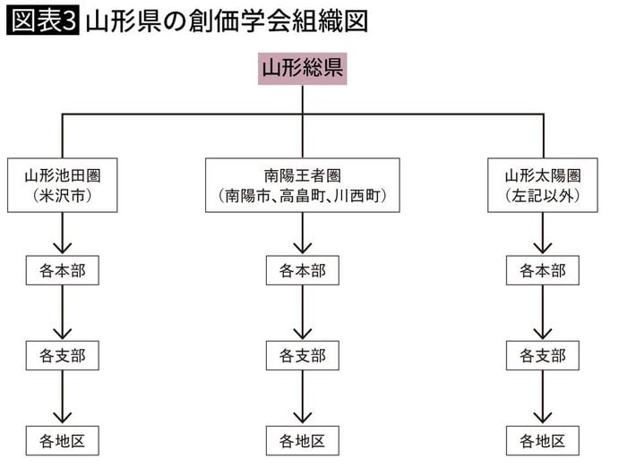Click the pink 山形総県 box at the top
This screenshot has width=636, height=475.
tap(302, 68)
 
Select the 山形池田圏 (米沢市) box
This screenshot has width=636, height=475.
tap(63, 185)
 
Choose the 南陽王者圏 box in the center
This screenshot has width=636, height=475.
tap(303, 185)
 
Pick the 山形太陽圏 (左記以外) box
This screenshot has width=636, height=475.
tap(543, 185)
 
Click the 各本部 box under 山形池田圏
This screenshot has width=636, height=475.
tap(63, 270)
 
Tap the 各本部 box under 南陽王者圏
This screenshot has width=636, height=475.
tap(303, 270)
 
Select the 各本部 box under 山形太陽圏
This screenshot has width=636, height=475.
tap(543, 270)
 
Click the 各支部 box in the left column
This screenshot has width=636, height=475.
tap(63, 355)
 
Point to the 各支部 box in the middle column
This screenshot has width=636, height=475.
tap(303, 355)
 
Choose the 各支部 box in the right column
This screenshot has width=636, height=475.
tap(543, 355)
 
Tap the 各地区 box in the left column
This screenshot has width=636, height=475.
tap(63, 440)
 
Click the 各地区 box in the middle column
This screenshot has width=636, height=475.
tap(303, 440)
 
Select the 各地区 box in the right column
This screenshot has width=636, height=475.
tap(543, 440)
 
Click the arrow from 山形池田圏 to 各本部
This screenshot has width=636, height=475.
tap(63, 234)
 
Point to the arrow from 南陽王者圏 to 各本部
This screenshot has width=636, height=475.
tap(303, 234)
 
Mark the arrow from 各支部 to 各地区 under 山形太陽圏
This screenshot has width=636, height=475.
tap(543, 399)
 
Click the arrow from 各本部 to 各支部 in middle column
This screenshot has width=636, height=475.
tap(303, 313)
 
